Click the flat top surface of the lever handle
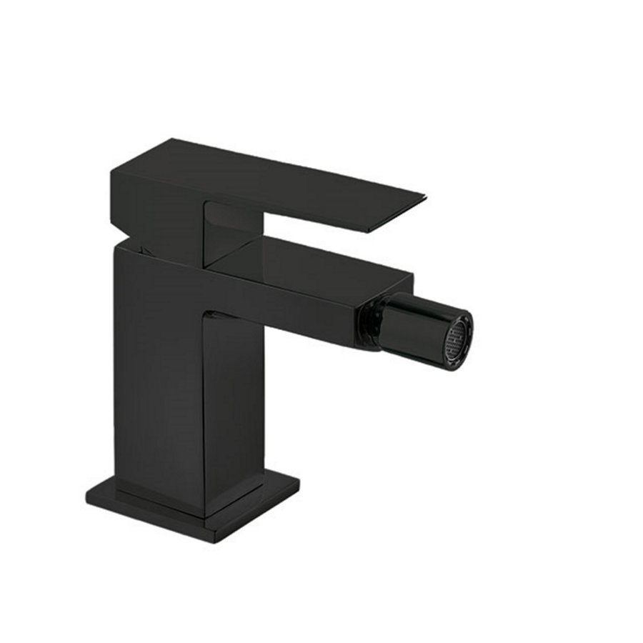click(x=271, y=171)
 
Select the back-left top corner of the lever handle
click(x=113, y=170)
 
